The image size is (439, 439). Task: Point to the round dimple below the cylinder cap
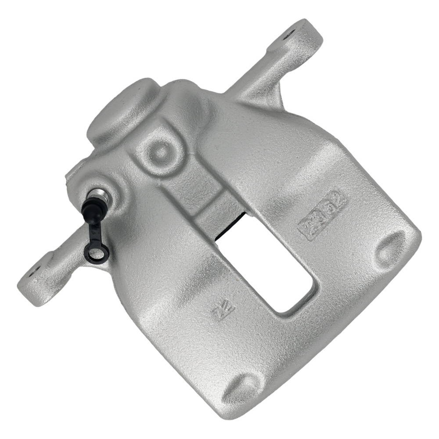click(161, 151)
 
